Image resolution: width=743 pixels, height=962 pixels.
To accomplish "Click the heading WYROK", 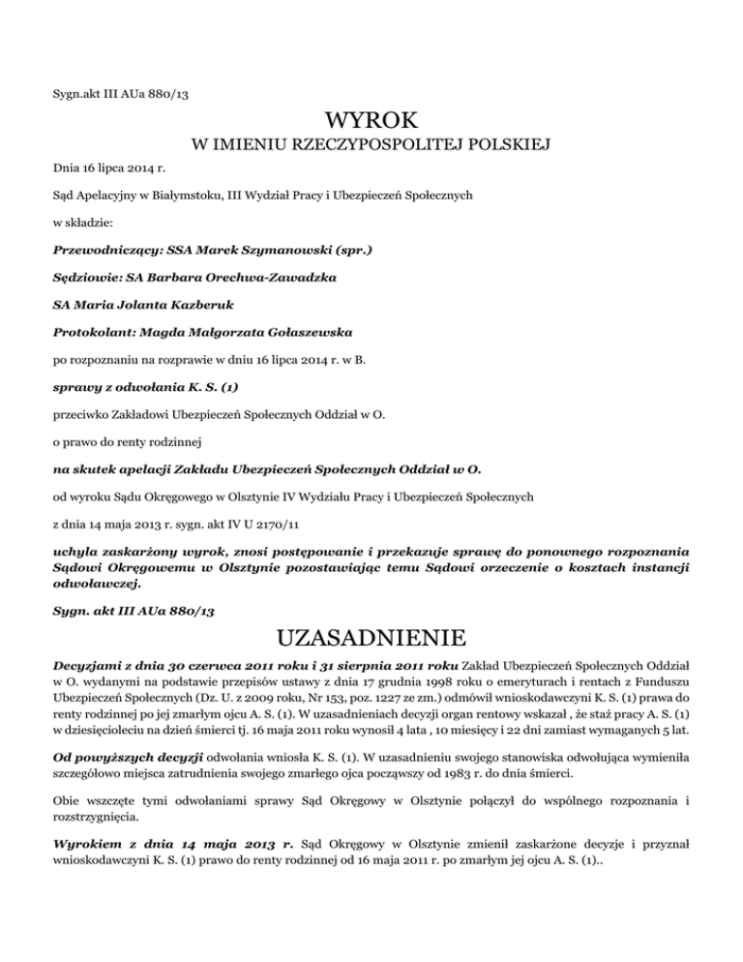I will coord(372,122).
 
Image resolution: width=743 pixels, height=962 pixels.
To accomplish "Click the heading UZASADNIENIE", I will coord(372,640).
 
